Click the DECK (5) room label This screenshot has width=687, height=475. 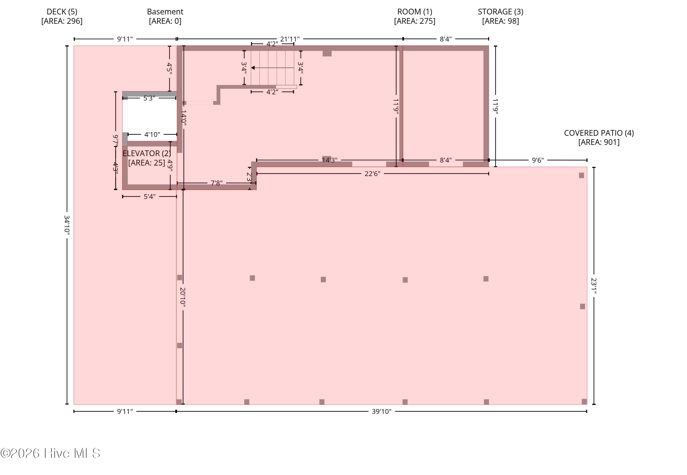(62, 12)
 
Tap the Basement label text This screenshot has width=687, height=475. (165, 12)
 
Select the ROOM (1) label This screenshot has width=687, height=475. (415, 12)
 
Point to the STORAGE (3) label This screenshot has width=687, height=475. (501, 12)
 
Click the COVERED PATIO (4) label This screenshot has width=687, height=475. (599, 133)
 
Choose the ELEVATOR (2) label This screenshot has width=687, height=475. (147, 153)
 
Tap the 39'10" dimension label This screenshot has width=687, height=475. (382, 412)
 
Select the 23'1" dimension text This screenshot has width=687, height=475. (594, 286)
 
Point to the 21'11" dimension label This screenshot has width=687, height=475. (290, 39)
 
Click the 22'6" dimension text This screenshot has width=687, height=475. (372, 174)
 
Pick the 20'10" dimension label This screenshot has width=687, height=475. (183, 297)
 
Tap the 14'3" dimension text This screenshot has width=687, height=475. (330, 160)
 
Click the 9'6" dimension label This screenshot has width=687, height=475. (538, 160)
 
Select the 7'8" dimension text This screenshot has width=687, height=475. (217, 183)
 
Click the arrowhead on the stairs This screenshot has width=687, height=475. (253, 68)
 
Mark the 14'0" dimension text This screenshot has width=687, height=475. (184, 118)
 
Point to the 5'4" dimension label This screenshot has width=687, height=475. (150, 197)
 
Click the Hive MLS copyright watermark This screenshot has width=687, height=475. (50, 453)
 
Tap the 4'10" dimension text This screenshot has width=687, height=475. (152, 135)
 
